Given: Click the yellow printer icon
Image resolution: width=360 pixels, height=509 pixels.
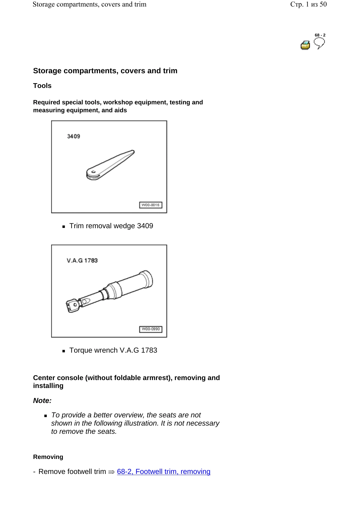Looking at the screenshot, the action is point(305,45).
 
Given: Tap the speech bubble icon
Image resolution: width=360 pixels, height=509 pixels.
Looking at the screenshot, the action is point(319,43).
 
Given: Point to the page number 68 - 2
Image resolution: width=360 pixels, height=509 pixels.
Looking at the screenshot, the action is point(320,35).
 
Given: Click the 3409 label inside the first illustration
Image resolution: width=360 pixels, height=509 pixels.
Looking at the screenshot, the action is point(74,136).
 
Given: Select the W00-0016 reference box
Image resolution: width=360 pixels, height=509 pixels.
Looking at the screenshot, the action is point(151,205).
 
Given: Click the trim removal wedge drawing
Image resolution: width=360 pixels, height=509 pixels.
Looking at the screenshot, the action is point(110,165).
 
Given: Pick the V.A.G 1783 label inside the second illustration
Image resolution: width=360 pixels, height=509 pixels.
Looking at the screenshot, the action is point(82,260).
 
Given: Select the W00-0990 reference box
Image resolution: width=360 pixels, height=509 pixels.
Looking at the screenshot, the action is point(151,329).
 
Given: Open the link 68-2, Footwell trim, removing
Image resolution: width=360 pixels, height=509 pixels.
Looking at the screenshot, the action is point(164,472).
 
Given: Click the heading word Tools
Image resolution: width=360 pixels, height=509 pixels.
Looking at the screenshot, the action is point(42,86).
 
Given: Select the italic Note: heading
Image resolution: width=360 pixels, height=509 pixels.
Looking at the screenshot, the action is point(42,401).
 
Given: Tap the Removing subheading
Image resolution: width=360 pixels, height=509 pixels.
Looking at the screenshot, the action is point(48,457).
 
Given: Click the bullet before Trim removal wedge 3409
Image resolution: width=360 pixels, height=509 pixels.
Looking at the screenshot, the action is point(64,227).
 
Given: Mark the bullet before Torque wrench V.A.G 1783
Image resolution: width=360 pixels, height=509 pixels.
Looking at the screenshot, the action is point(64,351).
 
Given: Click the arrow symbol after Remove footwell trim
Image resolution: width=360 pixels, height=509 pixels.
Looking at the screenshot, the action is point(111,472).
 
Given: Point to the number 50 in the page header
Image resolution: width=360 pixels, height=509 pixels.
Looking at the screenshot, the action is point(323,4).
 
